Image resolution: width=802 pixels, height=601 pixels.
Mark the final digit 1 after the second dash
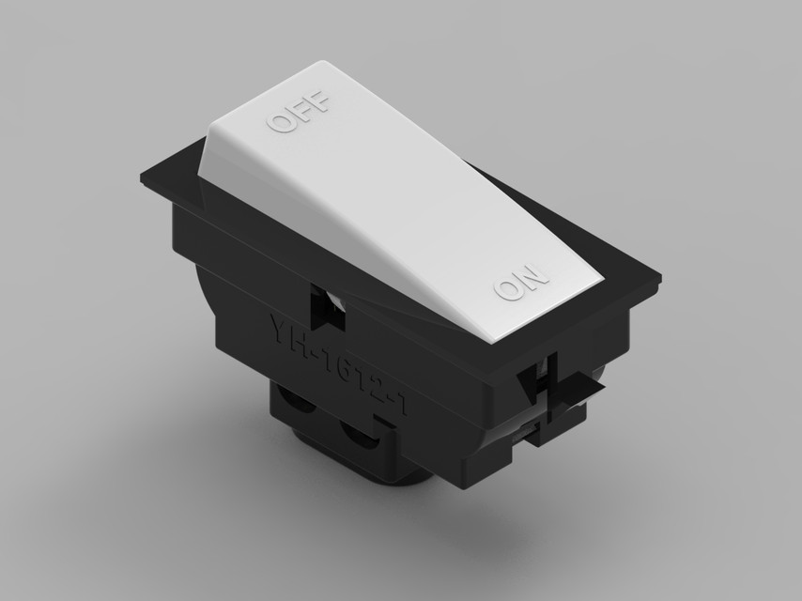coord(402,407)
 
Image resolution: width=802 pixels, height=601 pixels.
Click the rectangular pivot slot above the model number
coord(331,306)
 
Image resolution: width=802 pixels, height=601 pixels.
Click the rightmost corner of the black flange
coord(659,279)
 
